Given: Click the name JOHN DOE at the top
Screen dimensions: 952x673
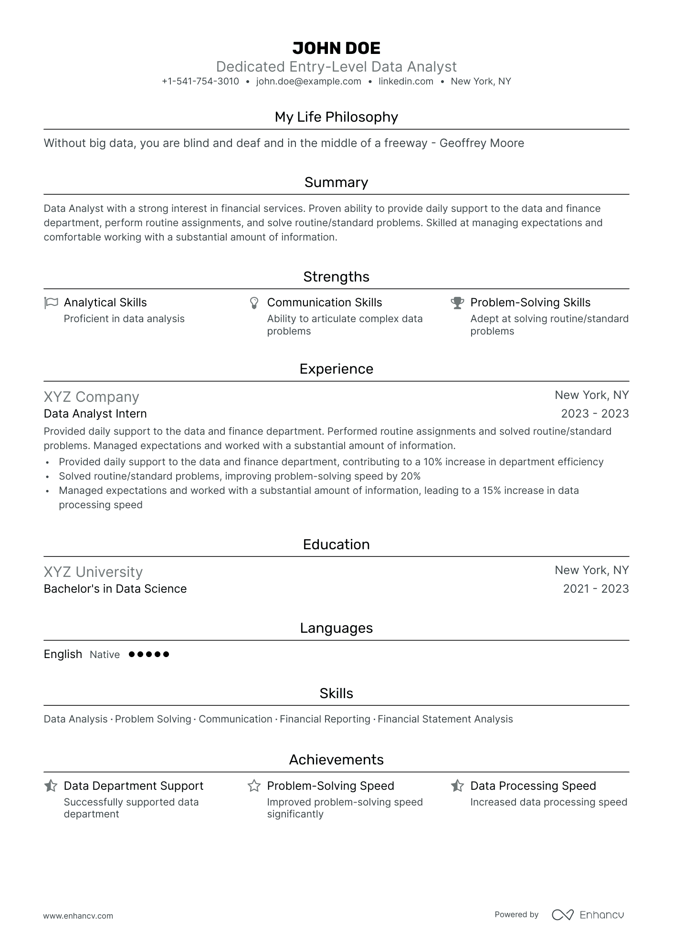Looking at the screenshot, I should [x=336, y=48].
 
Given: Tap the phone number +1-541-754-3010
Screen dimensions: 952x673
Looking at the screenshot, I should [x=200, y=82].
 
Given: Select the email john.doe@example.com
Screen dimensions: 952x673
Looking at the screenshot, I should [x=308, y=82].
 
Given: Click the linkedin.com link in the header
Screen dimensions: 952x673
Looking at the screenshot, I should [x=406, y=82].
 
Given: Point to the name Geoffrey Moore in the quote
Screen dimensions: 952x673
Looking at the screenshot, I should [x=482, y=143].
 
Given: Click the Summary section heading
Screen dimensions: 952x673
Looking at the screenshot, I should [x=336, y=182].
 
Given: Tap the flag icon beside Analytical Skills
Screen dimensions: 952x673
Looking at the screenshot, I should [x=51, y=303].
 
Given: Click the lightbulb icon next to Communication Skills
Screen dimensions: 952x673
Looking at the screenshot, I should [x=254, y=303].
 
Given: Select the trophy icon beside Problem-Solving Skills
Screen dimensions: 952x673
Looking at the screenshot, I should [x=457, y=303].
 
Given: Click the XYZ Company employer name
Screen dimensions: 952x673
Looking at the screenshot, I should [x=91, y=397].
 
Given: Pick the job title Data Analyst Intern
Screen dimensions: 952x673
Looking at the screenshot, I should [x=95, y=414].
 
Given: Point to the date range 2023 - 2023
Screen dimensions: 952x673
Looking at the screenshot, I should [x=595, y=414].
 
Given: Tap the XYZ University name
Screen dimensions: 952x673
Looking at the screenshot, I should [x=93, y=572].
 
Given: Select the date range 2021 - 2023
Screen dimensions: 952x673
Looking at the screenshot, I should [x=596, y=589].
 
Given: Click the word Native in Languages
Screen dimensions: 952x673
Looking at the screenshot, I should [x=105, y=655].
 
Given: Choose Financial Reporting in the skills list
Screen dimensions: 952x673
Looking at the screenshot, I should [x=325, y=719].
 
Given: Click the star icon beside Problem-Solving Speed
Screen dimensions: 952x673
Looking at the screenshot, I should [x=254, y=786].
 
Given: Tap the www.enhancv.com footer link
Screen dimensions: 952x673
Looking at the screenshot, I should [x=78, y=916].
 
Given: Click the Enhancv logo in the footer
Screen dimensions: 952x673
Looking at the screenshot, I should [x=588, y=915].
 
